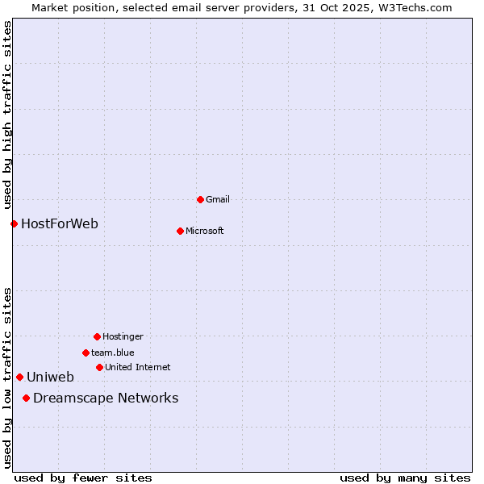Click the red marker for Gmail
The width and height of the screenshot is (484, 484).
coord(200,199)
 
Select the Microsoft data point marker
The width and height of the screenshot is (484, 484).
coord(180,231)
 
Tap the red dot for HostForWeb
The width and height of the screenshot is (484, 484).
coord(14,223)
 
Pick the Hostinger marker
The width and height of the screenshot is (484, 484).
coord(97,336)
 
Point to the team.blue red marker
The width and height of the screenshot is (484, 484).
coord(86,353)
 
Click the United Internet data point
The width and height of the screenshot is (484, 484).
coord(99,367)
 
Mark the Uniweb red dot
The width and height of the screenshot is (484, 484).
coord(19,377)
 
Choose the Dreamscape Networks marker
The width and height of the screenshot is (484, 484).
coord(26,398)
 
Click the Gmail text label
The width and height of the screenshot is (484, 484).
coord(219,199)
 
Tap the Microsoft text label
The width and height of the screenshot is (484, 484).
coord(205,231)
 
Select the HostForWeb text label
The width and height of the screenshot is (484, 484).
coord(60,223)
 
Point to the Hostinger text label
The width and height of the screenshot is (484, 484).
coord(123,336)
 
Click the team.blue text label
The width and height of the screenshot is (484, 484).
coord(113,353)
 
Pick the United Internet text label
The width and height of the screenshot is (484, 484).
coord(138,367)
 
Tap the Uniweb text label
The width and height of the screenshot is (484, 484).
coord(50,377)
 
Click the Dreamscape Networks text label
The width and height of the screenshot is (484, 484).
coord(106,398)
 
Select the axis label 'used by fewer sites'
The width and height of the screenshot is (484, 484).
coord(83,478)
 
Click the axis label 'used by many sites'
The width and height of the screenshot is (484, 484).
coord(405,478)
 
